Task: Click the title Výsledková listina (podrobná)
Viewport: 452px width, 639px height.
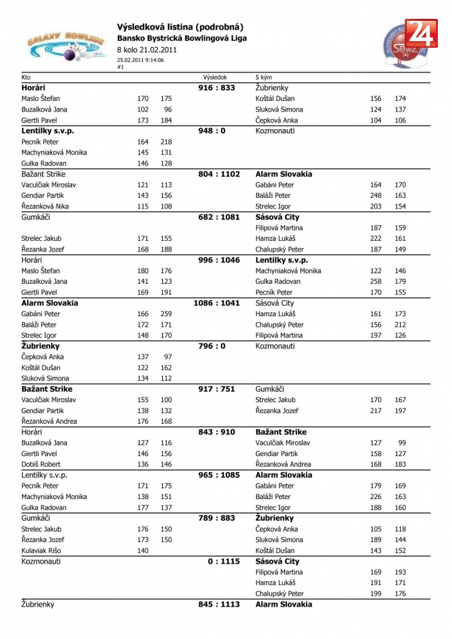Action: click(180, 27)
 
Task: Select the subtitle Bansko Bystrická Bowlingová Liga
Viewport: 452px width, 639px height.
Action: click(182, 38)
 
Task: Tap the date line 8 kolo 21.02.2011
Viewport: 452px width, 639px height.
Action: click(147, 50)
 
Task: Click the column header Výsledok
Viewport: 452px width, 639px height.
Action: click(215, 77)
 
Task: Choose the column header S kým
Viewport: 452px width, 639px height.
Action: click(263, 77)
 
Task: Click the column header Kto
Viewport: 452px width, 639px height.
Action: click(26, 77)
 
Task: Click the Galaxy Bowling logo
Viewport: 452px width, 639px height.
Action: click(65, 46)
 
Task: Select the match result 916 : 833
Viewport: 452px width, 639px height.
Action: click(216, 88)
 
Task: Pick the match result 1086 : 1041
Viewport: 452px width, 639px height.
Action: click(216, 303)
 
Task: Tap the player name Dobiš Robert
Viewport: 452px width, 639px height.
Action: click(41, 464)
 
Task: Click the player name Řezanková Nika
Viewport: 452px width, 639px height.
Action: click(45, 206)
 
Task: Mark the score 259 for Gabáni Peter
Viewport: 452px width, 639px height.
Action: click(166, 314)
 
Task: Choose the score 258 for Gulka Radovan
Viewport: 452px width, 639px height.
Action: click(375, 282)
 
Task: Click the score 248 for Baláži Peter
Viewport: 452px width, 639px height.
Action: click(375, 196)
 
